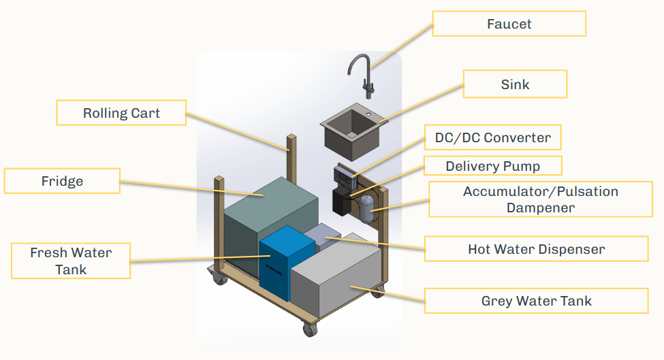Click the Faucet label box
[x=509, y=24]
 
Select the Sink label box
[x=514, y=84]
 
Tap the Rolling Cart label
[x=121, y=113]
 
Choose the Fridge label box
[x=62, y=181]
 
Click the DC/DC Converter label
[x=492, y=138]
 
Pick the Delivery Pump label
[x=492, y=166]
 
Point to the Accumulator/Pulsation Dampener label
[x=540, y=199]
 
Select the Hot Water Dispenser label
[x=536, y=249]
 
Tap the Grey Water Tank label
[x=536, y=301]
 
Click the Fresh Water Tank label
[x=71, y=261]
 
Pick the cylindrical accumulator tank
[x=367, y=208]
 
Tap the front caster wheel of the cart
[x=309, y=330]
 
